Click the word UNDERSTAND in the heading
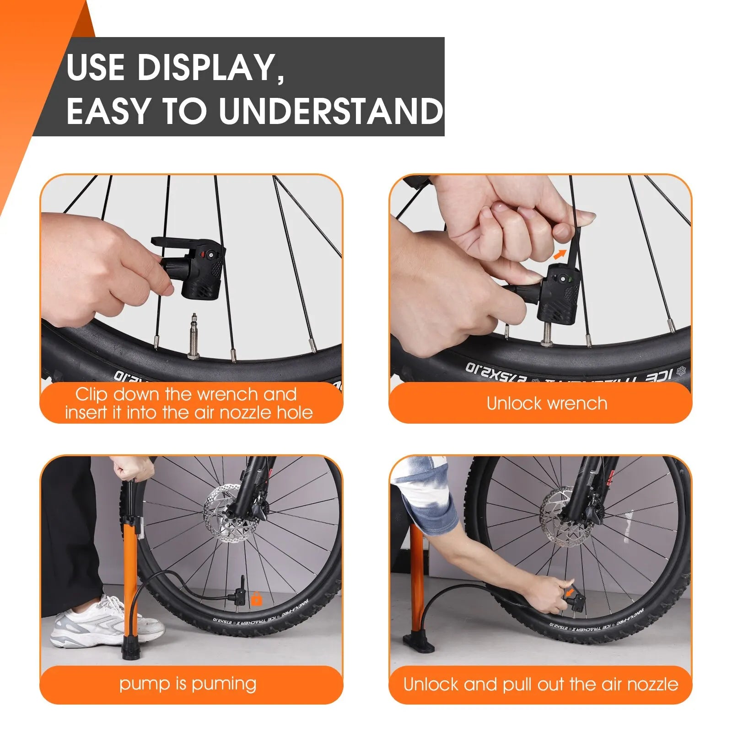coord(330,111)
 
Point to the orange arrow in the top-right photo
coord(560,254)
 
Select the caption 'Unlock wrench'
coord(547,403)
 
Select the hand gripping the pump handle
coord(133,468)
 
